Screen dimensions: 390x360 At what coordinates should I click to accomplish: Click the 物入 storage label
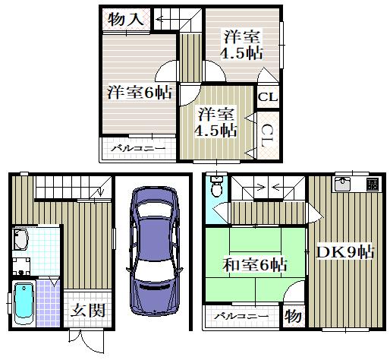[x=126, y=19]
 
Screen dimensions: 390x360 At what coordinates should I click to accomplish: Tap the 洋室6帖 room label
[x=140, y=92]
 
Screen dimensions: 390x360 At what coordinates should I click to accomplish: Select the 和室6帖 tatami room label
[x=255, y=265]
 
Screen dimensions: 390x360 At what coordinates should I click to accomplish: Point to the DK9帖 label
[x=345, y=252]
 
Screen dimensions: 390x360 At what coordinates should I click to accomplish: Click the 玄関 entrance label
[x=87, y=310]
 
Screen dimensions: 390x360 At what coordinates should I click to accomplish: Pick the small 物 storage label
[x=293, y=316]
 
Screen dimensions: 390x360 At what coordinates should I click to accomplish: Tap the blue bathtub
[x=24, y=304]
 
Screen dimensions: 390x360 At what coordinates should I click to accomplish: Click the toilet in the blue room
[x=216, y=187]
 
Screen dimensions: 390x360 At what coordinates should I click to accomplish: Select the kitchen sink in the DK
[x=343, y=184]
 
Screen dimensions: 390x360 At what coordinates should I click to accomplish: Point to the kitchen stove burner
[x=373, y=185]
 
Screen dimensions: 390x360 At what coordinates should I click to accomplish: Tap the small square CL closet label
[x=268, y=97]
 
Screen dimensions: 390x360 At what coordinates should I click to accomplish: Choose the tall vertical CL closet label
[x=267, y=136]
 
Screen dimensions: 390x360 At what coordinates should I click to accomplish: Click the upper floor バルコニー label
[x=138, y=148]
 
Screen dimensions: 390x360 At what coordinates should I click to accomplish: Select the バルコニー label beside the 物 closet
[x=241, y=316]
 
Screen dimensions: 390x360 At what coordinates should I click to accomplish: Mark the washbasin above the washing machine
[x=20, y=239]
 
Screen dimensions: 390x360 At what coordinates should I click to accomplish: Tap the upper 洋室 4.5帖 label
[x=241, y=44]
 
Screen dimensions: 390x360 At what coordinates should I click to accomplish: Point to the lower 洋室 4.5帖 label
[x=215, y=122]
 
